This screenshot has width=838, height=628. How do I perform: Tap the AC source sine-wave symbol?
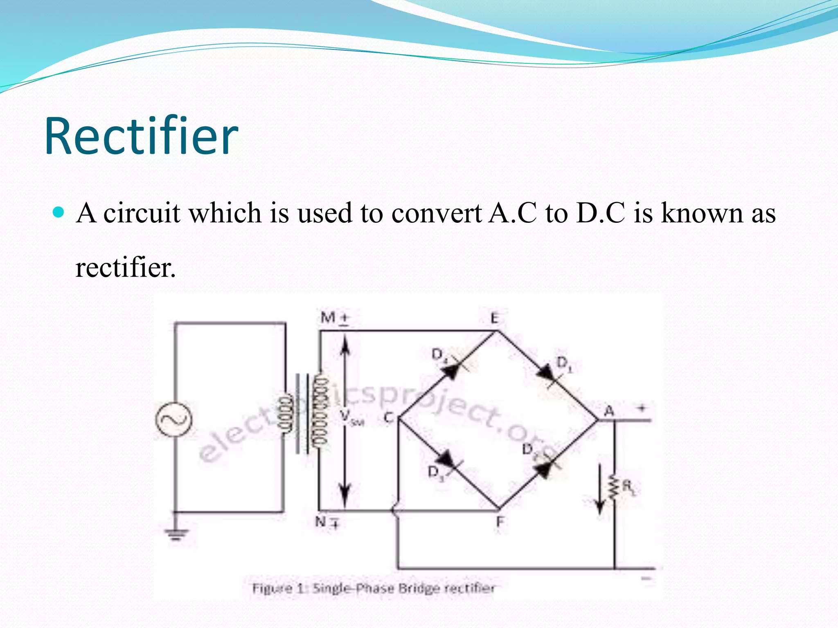pyautogui.click(x=173, y=420)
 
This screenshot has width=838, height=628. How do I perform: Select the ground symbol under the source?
pyautogui.click(x=177, y=534)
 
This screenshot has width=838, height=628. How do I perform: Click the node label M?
pyautogui.click(x=328, y=317)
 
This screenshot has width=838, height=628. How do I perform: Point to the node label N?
pyautogui.click(x=321, y=521)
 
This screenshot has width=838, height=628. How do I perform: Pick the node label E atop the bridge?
pyautogui.click(x=495, y=318)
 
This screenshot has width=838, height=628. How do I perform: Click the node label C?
pyautogui.click(x=388, y=417)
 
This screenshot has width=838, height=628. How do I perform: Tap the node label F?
pyautogui.click(x=500, y=522)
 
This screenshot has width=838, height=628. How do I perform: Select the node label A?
pyautogui.click(x=609, y=410)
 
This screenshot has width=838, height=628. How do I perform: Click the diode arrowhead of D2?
pyautogui.click(x=544, y=469)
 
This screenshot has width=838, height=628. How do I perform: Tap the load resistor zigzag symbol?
pyautogui.click(x=614, y=487)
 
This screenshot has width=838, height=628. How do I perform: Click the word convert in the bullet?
pyautogui.click(x=436, y=213)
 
